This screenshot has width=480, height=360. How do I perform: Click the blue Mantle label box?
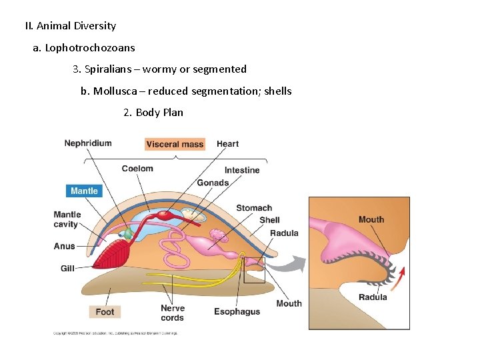point(84,191)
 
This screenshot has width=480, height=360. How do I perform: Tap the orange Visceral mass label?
point(175,144)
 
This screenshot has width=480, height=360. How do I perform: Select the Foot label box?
point(105,311)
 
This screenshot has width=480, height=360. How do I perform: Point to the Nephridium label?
point(88,143)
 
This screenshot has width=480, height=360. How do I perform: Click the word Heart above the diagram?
point(227,144)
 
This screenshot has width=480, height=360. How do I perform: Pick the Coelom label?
point(137,169)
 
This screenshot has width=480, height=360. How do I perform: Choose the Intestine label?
point(242,170)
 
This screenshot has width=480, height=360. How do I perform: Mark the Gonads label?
point(213,183)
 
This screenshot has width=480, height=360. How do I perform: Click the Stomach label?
point(254,208)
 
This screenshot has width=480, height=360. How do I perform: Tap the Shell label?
point(269,220)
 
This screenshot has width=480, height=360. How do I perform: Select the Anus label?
point(65,246)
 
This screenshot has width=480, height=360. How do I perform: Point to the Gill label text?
point(67,268)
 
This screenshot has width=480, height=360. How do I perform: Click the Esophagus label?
point(237,311)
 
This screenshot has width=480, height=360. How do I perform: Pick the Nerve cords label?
point(173,313)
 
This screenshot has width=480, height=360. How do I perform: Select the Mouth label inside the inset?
point(371,219)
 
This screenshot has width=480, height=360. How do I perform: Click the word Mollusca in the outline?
point(117,91)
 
